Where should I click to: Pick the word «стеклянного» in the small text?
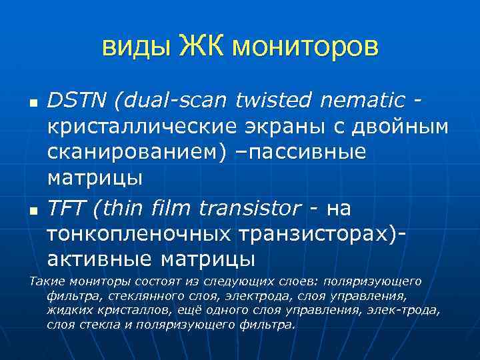point(125,296)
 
